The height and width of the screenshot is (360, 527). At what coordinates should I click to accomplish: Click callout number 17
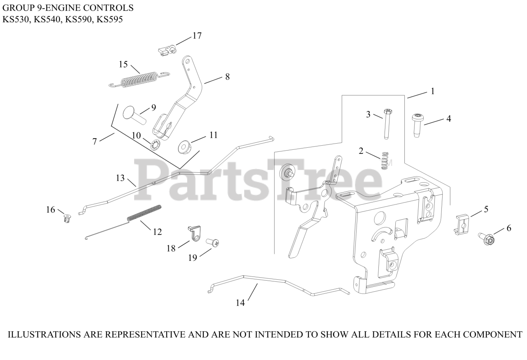click(197, 36)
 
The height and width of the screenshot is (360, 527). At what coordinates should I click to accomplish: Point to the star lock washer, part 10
click(156, 145)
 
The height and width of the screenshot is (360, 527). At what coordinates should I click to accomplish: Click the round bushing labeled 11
click(183, 146)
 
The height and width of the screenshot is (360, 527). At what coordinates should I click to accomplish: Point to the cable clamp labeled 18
click(195, 235)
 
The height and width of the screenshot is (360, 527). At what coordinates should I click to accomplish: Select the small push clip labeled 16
click(66, 217)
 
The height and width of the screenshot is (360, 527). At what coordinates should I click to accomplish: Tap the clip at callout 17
click(166, 50)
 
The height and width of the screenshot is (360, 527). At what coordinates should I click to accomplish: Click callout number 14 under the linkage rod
click(240, 303)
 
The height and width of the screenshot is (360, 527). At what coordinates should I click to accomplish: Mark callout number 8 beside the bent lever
click(227, 77)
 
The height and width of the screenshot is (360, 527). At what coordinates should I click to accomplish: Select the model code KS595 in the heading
click(109, 19)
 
